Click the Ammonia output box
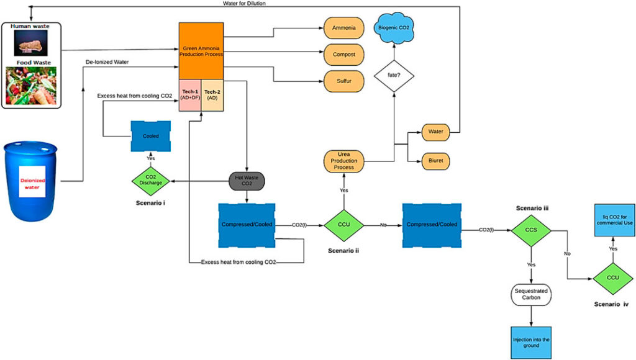343,28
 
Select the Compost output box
343,55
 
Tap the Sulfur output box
343,81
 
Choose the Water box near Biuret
435,132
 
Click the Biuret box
435,160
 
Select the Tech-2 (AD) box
212,97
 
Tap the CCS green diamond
532,230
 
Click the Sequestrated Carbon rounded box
532,294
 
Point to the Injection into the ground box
532,341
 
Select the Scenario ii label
343,251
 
